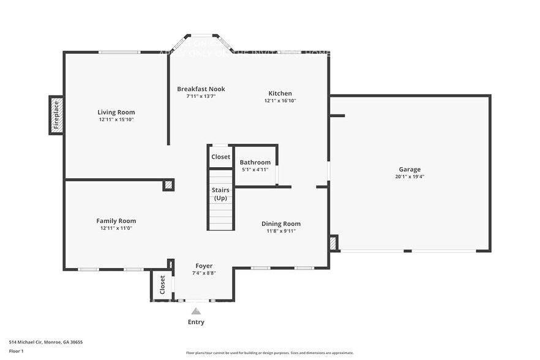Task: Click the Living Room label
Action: coord(116,112)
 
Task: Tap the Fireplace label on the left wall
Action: coord(56,115)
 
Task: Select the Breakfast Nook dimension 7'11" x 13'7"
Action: coord(201,96)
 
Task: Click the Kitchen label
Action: coord(280,93)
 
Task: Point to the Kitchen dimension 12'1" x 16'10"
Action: coord(280,100)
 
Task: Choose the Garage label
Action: coord(410,169)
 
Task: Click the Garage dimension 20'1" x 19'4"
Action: coord(410,176)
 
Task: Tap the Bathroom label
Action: coord(255,162)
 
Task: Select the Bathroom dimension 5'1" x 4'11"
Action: coord(255,170)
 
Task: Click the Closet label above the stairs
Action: coord(220,157)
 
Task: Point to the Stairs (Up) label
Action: coord(220,194)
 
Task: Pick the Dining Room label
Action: coord(281,223)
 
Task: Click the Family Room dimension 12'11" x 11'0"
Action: coord(116,228)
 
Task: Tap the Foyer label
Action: coord(204,266)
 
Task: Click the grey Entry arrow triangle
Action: coord(196,311)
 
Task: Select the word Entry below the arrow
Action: coord(196,322)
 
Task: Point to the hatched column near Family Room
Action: coord(168,185)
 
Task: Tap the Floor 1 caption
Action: coord(16,351)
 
